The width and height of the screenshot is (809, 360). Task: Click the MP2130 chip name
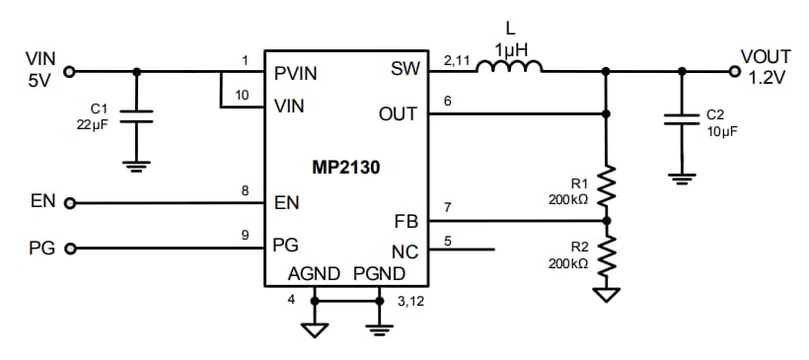point(345,168)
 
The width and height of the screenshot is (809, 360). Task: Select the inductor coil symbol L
point(509,67)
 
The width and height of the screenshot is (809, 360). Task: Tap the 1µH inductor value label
point(509,48)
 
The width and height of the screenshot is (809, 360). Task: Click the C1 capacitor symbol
point(137,116)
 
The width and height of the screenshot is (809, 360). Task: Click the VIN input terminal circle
point(70,71)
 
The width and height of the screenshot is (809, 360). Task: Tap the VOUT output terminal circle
point(733,71)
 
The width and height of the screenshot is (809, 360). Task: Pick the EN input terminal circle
point(70,204)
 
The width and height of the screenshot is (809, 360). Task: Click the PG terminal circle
point(70,249)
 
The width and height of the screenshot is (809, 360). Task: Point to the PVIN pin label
point(296,72)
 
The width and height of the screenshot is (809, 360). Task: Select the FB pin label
point(405,222)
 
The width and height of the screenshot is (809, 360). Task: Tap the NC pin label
point(404,251)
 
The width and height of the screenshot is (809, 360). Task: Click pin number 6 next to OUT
point(448,101)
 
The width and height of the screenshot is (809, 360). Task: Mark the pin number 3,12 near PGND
point(409,302)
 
